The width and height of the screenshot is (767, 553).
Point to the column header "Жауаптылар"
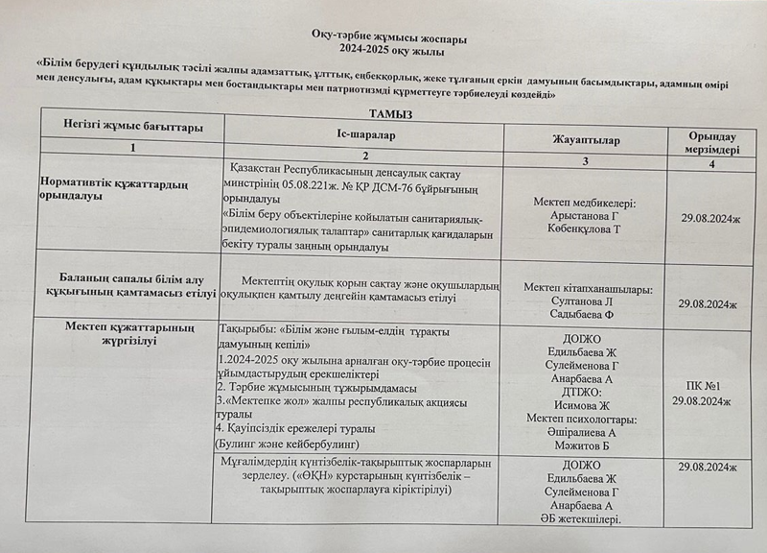pos(585,140)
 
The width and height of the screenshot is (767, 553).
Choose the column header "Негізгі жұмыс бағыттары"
pos(132,128)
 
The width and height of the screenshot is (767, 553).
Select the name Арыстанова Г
pos(585,217)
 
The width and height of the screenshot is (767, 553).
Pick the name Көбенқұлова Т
pos(585,230)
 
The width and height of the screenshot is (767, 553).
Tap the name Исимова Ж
pos(586,405)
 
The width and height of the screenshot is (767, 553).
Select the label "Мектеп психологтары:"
pos(585,419)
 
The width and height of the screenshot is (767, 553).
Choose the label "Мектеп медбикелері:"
pos(585,204)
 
